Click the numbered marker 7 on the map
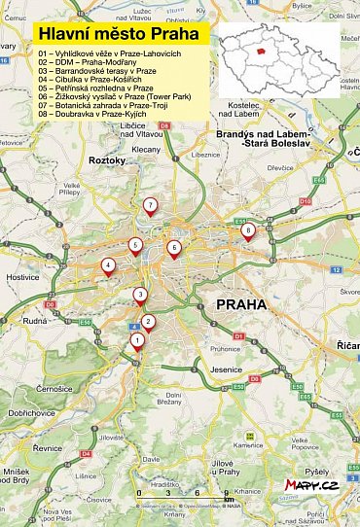click(x=150, y=205)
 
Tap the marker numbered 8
click(x=248, y=230)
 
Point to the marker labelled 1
click(x=137, y=340)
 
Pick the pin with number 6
click(x=174, y=248)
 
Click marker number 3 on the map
click(x=140, y=295)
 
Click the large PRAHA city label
click(x=240, y=304)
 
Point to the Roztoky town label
click(x=108, y=159)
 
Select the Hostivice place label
click(x=22, y=277)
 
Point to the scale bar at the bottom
click(x=185, y=504)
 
